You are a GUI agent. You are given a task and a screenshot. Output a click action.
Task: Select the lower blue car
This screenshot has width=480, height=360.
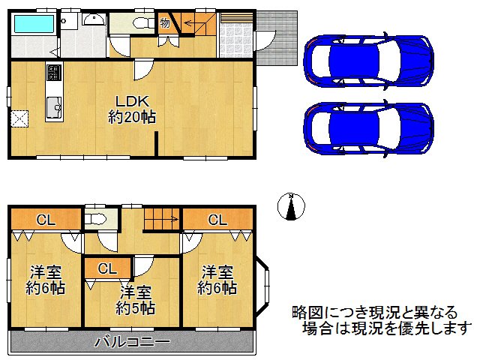pos(367,127)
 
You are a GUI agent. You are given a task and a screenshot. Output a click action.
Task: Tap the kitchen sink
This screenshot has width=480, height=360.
pos(54,109)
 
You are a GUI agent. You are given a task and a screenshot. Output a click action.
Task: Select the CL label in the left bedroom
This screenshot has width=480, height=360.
pos(46,220)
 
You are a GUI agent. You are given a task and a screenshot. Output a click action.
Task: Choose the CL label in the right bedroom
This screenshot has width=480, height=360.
pos(217,220)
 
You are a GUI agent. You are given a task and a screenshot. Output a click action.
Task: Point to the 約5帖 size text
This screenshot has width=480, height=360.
pos(136,307)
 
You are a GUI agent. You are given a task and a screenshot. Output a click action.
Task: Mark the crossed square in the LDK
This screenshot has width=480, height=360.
pos(19,118)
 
